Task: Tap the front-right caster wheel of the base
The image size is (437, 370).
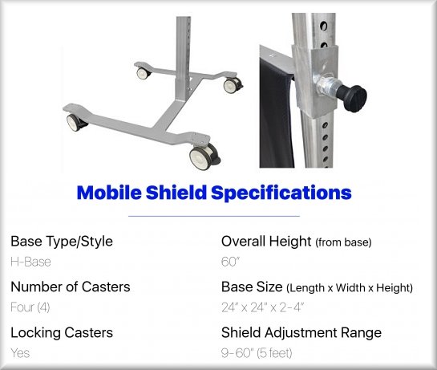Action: (204, 157)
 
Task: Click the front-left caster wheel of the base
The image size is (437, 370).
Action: (75, 123)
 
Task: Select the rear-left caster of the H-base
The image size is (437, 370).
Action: (144, 73)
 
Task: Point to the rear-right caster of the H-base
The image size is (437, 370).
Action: (233, 85)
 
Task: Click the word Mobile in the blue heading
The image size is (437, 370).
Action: (109, 193)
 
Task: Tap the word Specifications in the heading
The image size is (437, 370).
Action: (281, 193)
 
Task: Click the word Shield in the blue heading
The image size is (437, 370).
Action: (176, 193)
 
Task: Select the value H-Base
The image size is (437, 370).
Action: (30, 262)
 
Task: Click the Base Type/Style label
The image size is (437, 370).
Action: (62, 242)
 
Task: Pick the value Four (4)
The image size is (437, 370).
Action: (30, 307)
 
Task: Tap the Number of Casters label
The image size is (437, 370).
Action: (71, 287)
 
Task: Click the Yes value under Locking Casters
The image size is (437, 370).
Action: (20, 353)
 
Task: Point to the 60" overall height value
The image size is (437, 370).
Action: (230, 262)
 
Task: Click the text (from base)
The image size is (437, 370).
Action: (343, 242)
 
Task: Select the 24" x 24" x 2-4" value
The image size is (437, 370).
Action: (262, 307)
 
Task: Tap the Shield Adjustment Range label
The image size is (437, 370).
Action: (301, 332)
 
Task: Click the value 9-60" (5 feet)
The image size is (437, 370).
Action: (257, 353)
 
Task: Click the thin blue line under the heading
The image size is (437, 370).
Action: (214, 216)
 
